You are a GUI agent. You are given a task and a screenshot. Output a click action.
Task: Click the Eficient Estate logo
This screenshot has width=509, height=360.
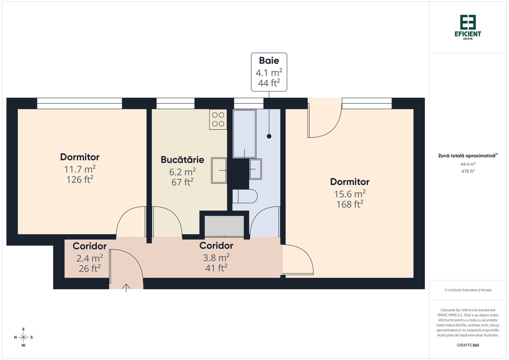pos(468,27)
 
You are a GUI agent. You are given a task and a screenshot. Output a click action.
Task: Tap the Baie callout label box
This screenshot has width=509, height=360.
pos(269,72)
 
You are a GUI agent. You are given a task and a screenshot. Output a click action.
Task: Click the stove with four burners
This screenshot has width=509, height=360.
pos(218,119)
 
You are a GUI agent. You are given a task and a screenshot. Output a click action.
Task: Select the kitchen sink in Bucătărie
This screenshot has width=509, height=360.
pos(219,170)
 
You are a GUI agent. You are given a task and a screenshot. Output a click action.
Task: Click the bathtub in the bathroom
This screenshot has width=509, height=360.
pos(245,133)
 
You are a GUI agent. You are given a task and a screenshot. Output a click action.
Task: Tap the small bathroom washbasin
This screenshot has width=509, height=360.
pos(255,169)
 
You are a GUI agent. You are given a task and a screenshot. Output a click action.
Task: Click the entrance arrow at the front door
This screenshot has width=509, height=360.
pos(126,288)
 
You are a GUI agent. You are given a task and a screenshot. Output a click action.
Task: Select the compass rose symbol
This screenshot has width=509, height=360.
pos(23,337)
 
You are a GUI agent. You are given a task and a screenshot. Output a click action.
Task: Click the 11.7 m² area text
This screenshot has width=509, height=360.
pos(80,169)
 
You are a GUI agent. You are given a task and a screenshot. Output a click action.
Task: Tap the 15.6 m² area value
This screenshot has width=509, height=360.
pos(349,194)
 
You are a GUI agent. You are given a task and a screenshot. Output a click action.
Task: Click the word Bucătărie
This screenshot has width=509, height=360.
pos(182,160)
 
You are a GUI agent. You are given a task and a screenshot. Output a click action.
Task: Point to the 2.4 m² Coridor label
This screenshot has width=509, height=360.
pos(90,258)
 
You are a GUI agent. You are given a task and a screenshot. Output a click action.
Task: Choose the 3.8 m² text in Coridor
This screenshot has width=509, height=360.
pos(216,258)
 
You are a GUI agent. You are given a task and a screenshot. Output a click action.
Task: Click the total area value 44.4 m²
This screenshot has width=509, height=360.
pos(468,164)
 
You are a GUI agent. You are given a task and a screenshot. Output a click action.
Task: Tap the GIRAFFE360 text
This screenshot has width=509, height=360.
pos(468,345)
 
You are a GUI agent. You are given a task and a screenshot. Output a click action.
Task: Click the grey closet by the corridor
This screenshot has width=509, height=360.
pos(224,226)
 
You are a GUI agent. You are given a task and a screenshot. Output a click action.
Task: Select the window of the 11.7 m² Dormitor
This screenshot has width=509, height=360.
pos(79,103)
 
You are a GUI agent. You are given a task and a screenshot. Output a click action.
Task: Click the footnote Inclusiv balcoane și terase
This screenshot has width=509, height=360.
pos(468,290)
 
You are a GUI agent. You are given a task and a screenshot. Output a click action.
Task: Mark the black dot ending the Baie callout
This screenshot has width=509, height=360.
pos(269,136)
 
